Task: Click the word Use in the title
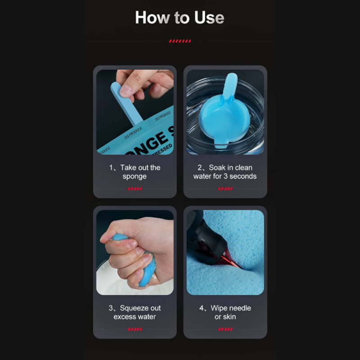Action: coord(209,18)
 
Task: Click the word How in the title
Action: coord(153,18)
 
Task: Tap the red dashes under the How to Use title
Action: coord(180,41)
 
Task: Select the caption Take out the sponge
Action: coord(135,172)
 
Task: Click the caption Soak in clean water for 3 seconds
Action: coord(225,172)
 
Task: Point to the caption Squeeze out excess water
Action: coord(135,312)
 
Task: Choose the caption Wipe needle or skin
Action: coord(225,312)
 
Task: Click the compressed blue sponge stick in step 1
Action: coord(126,103)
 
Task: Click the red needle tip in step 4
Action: coord(232,262)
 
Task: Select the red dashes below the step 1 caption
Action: coord(135,189)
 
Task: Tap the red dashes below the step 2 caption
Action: coord(225,189)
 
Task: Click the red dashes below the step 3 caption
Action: coord(135,329)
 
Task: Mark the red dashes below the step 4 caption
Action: coord(225,329)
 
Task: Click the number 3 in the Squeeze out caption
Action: coord(111,308)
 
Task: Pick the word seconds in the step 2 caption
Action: coord(243,176)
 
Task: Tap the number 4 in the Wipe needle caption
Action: coord(201,308)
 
